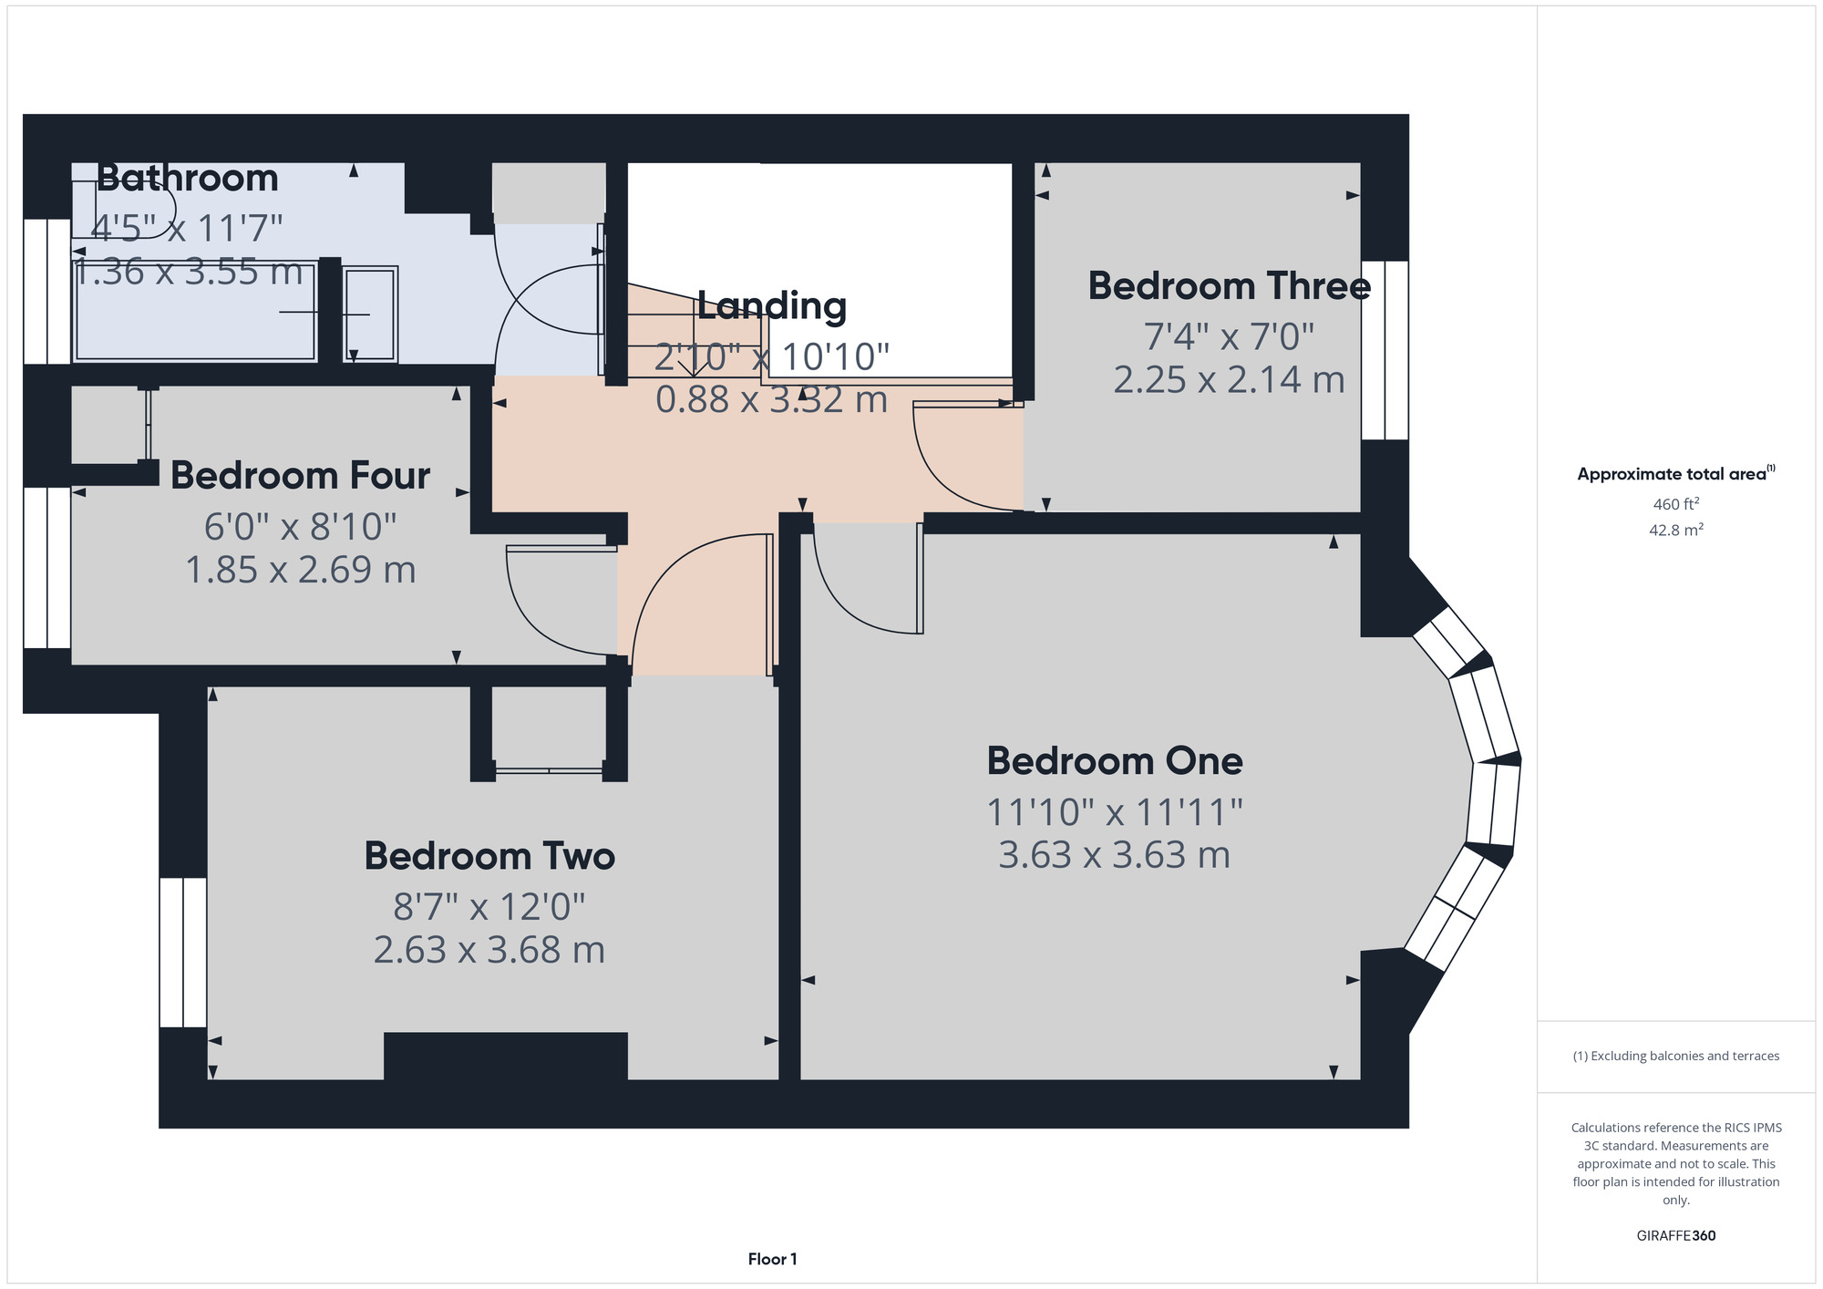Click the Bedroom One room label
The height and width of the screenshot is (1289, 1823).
1115,761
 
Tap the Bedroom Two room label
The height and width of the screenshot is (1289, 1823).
489,856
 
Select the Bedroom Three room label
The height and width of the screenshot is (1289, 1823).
1230,286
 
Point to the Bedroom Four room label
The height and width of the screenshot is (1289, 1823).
300,476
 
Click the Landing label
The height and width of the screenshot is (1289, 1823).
772,306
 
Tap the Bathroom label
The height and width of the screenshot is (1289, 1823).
188,178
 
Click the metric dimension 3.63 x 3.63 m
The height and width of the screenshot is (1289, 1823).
1115,855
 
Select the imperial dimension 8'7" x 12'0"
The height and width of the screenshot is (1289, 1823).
489,906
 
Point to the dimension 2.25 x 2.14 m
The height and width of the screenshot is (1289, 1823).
1230,379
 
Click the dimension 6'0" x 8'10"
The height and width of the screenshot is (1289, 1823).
300,526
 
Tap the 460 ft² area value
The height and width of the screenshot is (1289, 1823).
1676,504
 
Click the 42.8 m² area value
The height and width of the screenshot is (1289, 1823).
1676,530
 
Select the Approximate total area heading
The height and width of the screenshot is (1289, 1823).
1676,473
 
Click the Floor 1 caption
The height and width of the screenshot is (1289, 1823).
773,1259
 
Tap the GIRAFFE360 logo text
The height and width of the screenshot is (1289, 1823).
1676,1236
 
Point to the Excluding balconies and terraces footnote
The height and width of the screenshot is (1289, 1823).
1676,1056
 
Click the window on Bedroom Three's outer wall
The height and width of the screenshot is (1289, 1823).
1385,351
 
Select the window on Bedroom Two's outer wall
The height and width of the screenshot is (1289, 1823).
183,953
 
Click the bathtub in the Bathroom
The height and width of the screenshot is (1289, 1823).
196,312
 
